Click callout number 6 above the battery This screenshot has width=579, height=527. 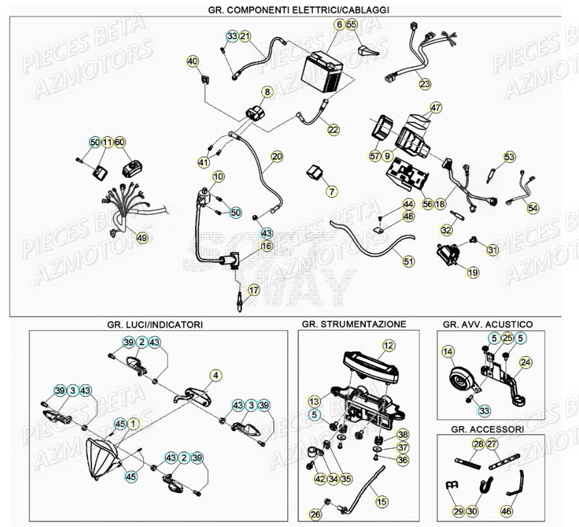(x=339, y=25)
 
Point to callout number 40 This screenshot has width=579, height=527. (x=192, y=61)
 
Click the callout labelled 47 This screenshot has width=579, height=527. (x=436, y=108)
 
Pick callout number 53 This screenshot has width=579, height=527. (x=509, y=157)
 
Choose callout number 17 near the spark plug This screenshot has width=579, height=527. (x=253, y=290)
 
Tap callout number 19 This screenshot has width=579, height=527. (x=472, y=273)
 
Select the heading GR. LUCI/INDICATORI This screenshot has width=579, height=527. (x=155, y=324)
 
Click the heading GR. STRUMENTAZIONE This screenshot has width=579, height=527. (x=354, y=324)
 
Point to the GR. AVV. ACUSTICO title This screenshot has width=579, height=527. (x=488, y=324)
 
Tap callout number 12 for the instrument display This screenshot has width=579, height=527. (x=388, y=345)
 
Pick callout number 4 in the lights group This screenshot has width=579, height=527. (x=216, y=376)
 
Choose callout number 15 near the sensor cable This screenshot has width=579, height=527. (x=381, y=501)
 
